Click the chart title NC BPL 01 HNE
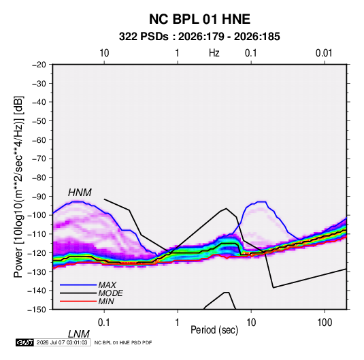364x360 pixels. tap(199, 19)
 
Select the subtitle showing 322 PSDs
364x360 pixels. tap(199, 37)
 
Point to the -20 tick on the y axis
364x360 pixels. tap(39, 65)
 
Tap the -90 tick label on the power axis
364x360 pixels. tap(39, 196)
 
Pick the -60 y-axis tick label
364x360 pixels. tap(39, 140)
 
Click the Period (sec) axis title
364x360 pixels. tap(214, 330)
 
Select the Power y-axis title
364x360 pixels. tap(18, 186)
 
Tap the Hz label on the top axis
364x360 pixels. tap(214, 53)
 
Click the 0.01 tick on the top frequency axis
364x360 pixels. tap(324, 53)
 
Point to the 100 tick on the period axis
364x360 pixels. tap(325, 323)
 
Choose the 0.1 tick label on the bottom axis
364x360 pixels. tap(103, 323)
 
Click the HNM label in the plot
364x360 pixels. tap(80, 193)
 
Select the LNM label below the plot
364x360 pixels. tap(78, 334)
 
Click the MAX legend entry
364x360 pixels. tap(107, 284)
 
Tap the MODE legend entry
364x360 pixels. tap(110, 293)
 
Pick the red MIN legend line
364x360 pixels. tap(78, 301)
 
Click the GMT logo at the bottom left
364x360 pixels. tap(24, 342)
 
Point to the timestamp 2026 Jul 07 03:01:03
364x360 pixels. tap(62, 342)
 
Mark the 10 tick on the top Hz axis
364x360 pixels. tap(104, 53)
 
